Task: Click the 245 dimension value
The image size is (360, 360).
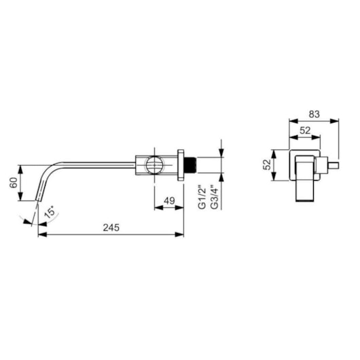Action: [111, 228]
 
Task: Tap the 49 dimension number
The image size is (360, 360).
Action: [169, 200]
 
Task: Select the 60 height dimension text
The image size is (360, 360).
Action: [14, 183]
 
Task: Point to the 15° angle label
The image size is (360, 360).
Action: [50, 212]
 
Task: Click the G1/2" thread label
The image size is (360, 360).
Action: [202, 197]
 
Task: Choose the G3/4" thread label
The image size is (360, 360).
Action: [214, 197]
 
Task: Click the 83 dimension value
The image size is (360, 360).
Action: [314, 114]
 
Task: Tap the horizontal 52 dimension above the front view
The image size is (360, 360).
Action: [305, 130]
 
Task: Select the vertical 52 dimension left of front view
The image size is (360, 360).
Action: [267, 164]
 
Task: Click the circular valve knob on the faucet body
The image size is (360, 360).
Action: [154, 165]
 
